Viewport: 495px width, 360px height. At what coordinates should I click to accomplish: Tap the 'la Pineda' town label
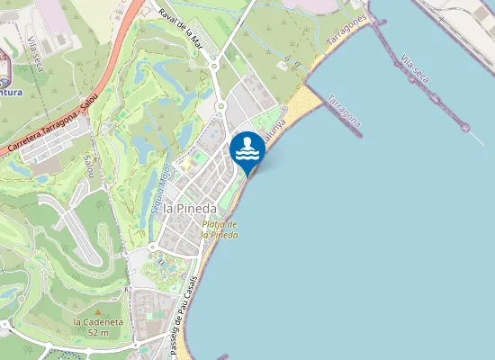(x=190, y=209)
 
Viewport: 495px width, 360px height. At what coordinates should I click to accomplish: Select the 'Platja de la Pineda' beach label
(x=220, y=229)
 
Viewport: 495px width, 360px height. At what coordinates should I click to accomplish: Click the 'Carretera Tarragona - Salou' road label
(x=52, y=129)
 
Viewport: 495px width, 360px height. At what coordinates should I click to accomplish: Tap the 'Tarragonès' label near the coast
(x=347, y=31)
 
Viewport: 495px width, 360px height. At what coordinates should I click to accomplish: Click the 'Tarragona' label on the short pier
(x=346, y=111)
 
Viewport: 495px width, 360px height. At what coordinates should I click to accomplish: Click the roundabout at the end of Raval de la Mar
(x=215, y=64)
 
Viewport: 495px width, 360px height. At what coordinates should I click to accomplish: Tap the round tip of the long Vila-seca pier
(x=465, y=127)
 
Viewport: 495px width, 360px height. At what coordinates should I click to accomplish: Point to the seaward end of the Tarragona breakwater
(x=359, y=135)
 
